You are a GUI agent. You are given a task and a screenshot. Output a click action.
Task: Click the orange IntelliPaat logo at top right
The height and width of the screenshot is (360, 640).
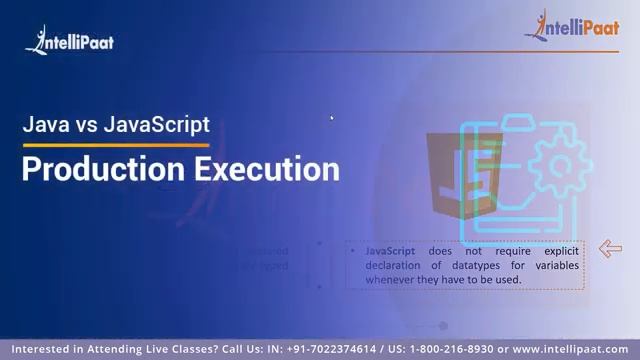tap(571, 28)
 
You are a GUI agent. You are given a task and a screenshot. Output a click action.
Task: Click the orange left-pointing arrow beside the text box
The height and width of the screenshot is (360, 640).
tap(610, 249)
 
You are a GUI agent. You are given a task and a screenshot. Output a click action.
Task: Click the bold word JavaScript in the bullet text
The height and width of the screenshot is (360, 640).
tap(390, 251)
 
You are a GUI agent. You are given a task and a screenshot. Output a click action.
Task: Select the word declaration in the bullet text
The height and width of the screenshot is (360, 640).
tap(393, 265)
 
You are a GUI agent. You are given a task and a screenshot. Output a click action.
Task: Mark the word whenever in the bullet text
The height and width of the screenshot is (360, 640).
tap(392, 279)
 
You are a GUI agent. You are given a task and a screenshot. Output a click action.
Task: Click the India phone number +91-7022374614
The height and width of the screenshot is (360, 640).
tap(332, 349)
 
